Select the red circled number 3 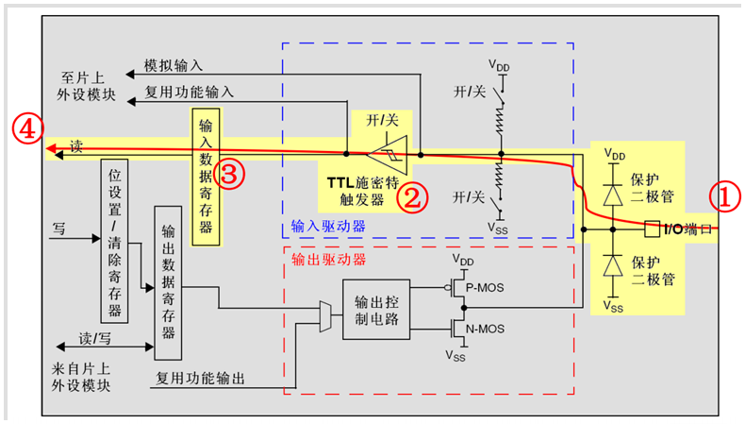(229, 173)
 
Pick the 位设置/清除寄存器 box (113, 241)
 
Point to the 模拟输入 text (173, 67)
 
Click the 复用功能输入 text (190, 93)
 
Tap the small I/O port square (652, 228)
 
